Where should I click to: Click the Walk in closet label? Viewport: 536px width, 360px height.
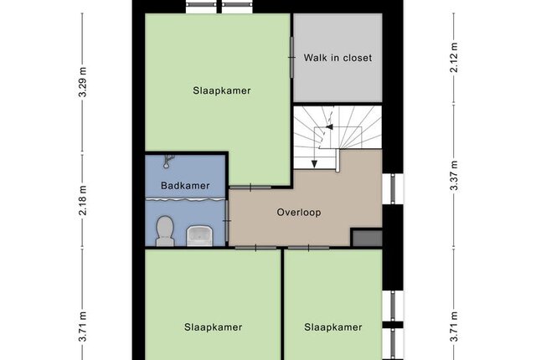pos(338,58)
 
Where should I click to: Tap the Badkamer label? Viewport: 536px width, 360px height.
pos(185,186)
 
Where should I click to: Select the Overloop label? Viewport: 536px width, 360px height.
pos(299,213)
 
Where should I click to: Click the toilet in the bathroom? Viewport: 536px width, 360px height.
pos(165,231)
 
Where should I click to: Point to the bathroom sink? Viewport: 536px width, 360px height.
pos(199,236)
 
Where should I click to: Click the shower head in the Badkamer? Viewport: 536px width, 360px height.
pos(168,162)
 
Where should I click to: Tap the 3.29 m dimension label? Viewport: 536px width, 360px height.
pos(83,82)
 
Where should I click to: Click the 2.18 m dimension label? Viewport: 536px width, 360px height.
pos(83,200)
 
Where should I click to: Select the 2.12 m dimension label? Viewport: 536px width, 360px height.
pos(454,58)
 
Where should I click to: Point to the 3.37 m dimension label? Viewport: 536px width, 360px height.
pos(454,175)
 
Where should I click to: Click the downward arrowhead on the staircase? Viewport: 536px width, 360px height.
pos(314,164)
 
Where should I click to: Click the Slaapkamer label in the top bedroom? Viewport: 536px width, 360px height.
pos(222,90)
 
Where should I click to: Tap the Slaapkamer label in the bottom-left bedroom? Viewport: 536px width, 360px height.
pos(214,327)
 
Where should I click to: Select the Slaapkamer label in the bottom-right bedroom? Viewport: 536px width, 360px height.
pos(333,327)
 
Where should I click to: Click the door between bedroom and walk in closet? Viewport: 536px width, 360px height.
pos(292,58)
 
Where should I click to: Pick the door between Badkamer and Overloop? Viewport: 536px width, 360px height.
pos(227,221)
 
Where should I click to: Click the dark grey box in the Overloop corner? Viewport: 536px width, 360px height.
pos(368,238)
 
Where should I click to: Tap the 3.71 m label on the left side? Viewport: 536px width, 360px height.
pos(83,327)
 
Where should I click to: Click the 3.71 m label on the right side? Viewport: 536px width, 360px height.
pos(454,327)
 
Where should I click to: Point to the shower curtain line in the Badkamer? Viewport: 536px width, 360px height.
pos(185,199)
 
